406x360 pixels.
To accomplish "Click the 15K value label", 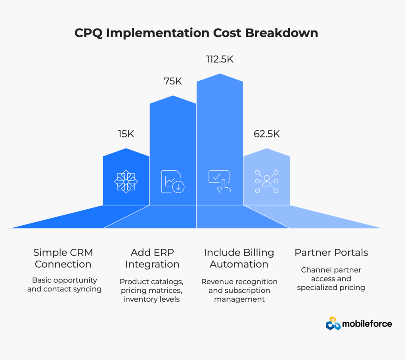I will [126, 134].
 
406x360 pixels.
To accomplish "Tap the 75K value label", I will [172, 81].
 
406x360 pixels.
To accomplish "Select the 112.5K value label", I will [220, 59].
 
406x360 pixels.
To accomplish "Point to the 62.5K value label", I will [266, 134].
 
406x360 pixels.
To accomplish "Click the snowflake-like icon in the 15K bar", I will [126, 181].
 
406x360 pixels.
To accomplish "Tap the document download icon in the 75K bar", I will [173, 181].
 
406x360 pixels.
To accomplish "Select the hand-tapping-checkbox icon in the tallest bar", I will [219, 181].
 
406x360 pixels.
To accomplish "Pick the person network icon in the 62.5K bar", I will [266, 181].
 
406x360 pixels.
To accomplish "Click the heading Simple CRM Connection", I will [63, 258].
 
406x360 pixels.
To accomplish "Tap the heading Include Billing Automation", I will [239, 258].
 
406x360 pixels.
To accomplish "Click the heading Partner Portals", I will [331, 253].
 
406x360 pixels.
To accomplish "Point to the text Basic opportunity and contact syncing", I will [64, 284].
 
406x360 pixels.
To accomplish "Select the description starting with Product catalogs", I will [151, 290].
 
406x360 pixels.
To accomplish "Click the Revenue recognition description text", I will [239, 290].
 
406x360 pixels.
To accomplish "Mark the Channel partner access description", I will [331, 279].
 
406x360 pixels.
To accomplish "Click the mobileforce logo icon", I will [333, 324].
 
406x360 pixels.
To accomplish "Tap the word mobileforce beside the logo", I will [368, 324].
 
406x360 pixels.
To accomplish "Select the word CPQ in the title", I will [88, 33].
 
